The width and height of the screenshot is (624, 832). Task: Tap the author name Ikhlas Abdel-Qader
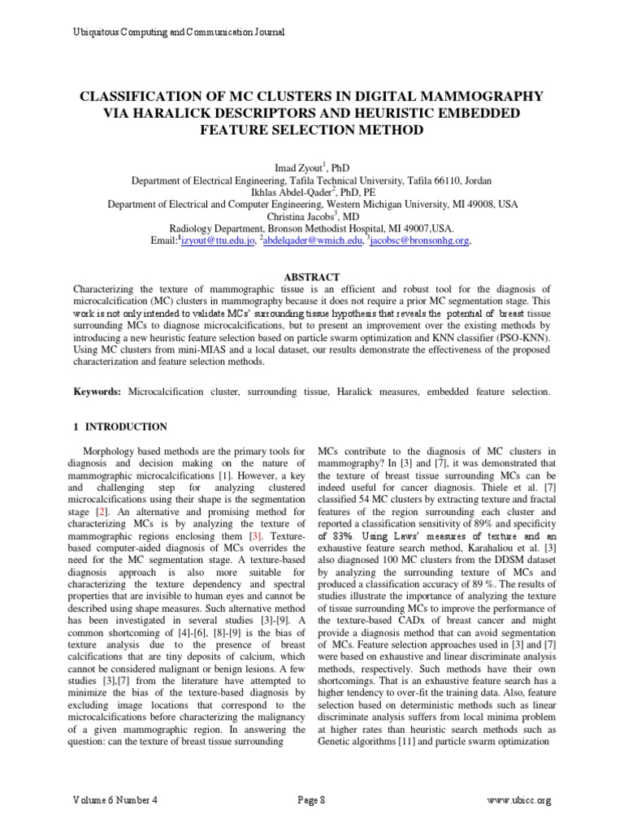click(x=297, y=192)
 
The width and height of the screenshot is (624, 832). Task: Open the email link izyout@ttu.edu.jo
click(x=219, y=241)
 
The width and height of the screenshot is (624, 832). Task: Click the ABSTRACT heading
click(x=311, y=277)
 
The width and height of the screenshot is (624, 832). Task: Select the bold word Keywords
click(x=97, y=392)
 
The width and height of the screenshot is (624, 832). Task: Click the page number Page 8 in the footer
click(x=312, y=800)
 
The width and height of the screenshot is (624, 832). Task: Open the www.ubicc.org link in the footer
click(x=518, y=800)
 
